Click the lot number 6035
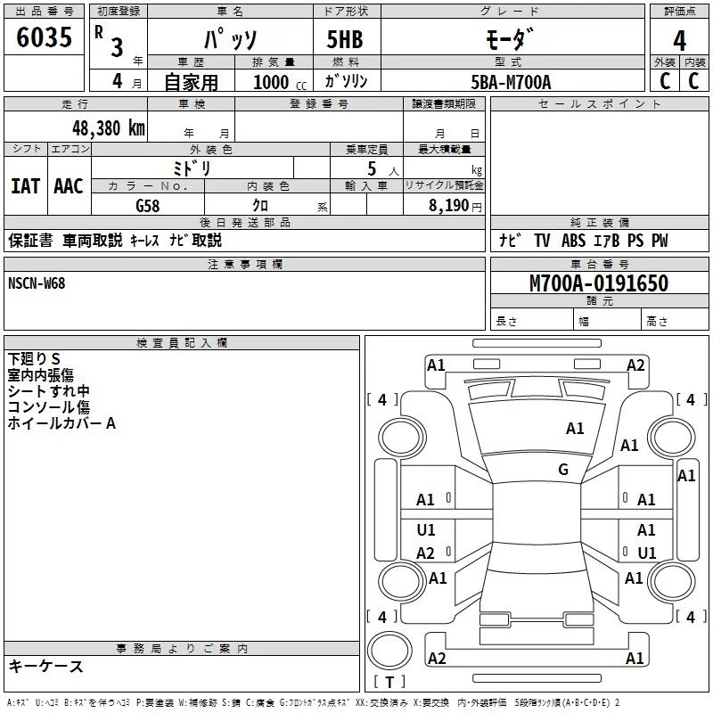click(x=44, y=38)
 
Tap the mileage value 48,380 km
click(x=108, y=127)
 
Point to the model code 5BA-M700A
click(x=511, y=82)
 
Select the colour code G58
click(x=148, y=205)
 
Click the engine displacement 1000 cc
click(x=271, y=82)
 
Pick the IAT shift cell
click(x=25, y=185)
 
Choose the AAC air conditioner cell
click(x=69, y=185)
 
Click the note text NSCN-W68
click(x=37, y=283)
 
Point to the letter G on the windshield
click(x=563, y=470)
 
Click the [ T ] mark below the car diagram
click(x=388, y=682)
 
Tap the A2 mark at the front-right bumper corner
click(x=635, y=365)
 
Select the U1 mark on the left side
click(x=426, y=530)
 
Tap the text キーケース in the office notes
click(x=45, y=666)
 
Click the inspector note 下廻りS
click(x=34, y=359)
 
